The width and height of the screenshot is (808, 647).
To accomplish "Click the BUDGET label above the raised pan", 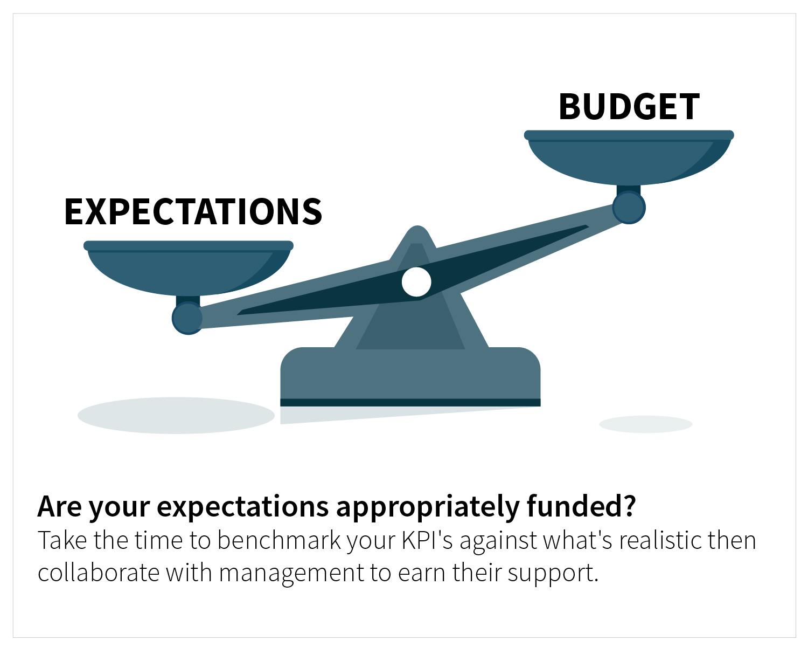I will [x=629, y=106].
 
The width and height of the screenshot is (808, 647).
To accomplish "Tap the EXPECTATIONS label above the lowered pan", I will [x=193, y=211].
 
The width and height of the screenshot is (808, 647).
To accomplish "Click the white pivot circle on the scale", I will [x=416, y=282].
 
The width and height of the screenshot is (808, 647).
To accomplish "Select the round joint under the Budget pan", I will [x=629, y=208].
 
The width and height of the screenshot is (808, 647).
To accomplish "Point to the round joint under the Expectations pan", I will [x=187, y=318].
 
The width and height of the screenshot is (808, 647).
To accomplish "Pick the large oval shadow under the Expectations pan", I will [x=176, y=415].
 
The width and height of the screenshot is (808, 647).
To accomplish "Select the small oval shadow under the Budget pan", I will [x=645, y=424].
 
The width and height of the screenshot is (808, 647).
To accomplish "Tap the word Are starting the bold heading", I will [x=59, y=506].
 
